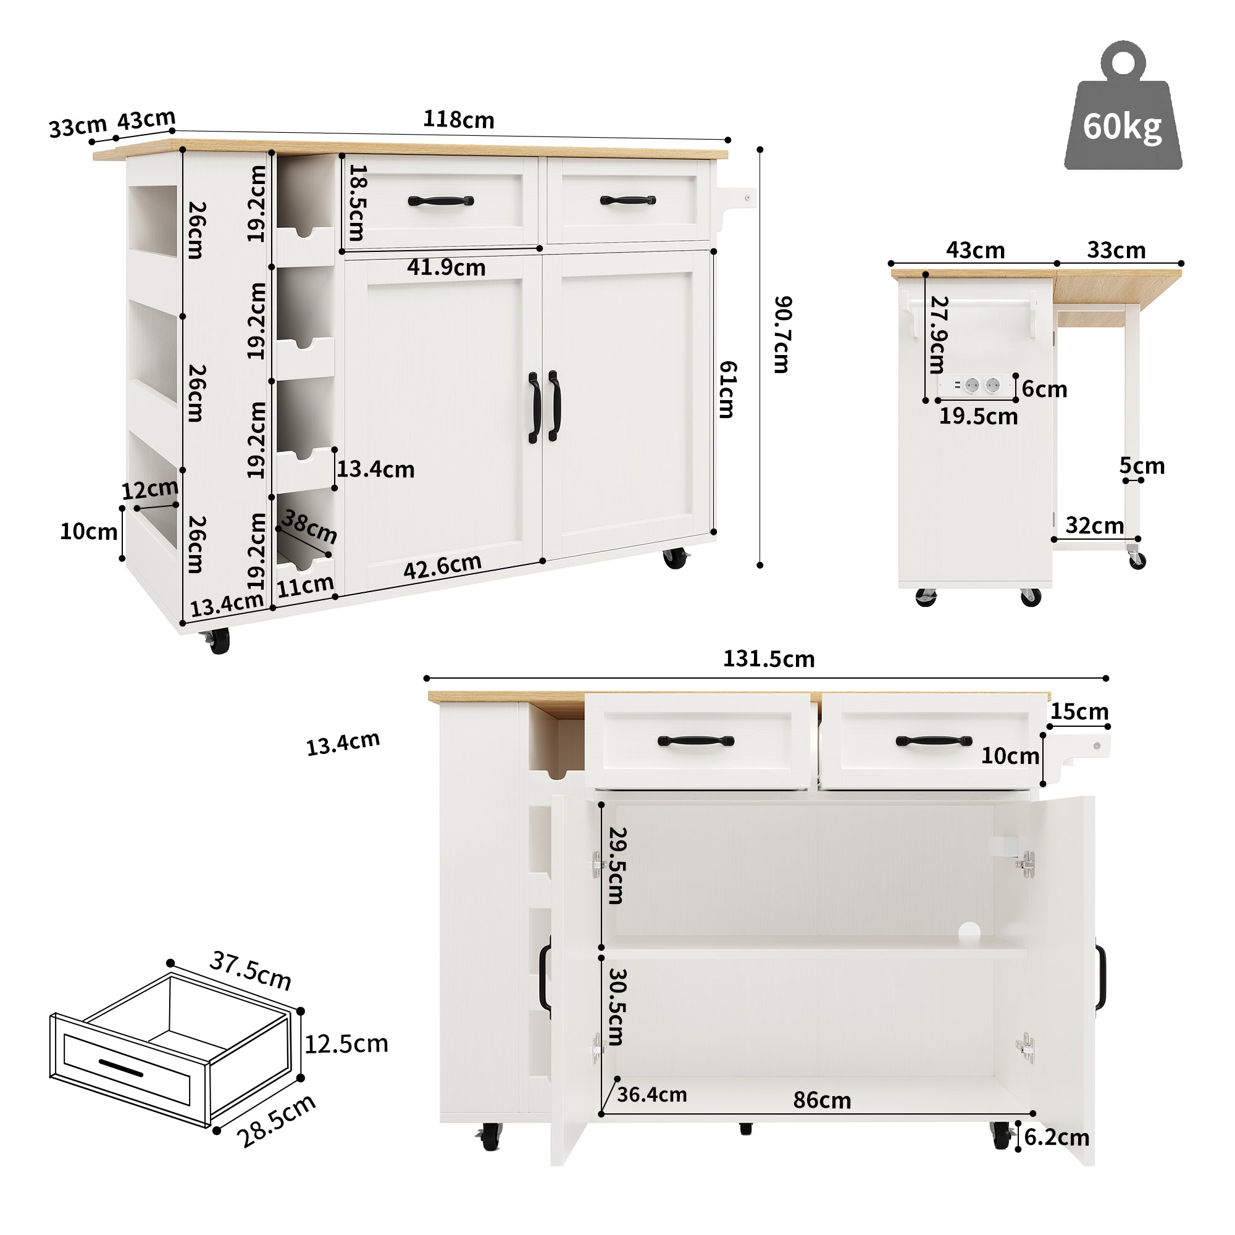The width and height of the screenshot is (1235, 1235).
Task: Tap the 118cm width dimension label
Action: click(458, 120)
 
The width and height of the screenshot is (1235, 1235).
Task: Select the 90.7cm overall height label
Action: click(782, 334)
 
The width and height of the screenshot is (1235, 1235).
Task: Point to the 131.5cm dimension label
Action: click(768, 659)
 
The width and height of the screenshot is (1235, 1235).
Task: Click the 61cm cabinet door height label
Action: click(727, 389)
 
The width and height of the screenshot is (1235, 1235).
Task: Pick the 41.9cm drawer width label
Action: click(446, 267)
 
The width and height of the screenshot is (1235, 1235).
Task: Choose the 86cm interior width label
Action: click(822, 1100)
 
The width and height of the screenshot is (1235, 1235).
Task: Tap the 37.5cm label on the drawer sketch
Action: click(251, 971)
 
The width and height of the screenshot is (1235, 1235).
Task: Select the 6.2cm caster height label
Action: click(1057, 1137)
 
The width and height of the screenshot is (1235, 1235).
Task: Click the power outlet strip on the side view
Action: click(976, 385)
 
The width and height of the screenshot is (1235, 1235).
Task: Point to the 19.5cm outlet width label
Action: click(978, 417)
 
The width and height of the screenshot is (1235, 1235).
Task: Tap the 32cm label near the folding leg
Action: click(1094, 525)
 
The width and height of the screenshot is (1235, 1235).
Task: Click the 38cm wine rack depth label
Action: click(309, 526)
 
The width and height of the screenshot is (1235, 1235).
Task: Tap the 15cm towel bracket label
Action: click(1079, 711)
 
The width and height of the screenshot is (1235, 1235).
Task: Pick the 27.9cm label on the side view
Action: click(938, 334)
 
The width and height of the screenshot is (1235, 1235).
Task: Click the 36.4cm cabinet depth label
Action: click(651, 1094)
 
